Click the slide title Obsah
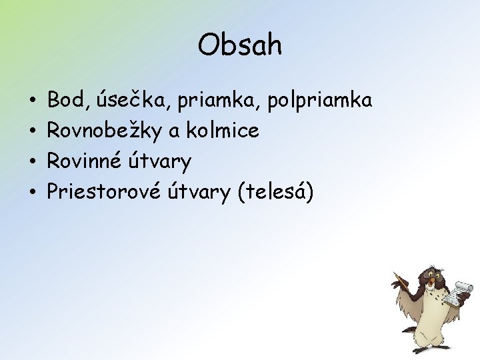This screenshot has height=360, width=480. point(240,45)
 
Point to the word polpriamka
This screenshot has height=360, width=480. point(319,102)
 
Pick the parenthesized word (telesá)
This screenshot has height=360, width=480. point(274,192)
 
